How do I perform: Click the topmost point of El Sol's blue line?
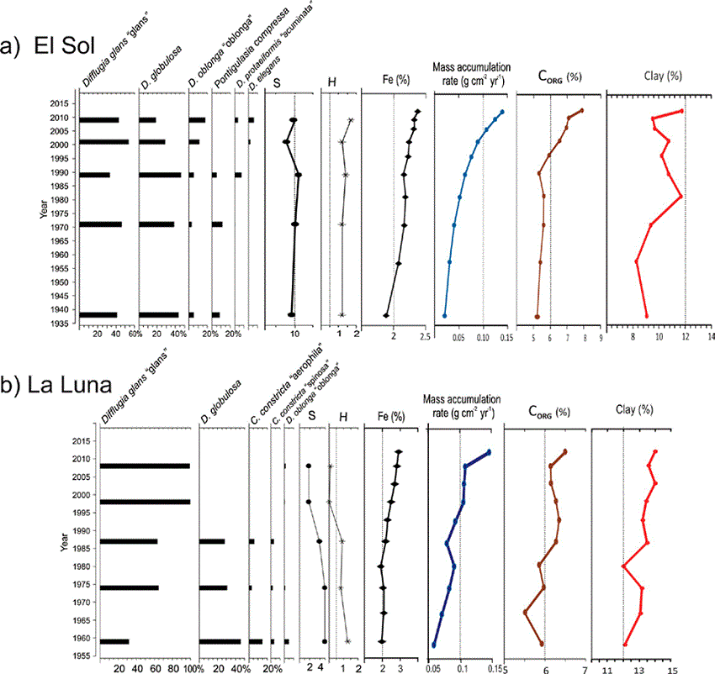(x=502, y=112)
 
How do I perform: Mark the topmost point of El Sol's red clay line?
(x=681, y=112)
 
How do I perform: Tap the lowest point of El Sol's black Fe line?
(x=386, y=316)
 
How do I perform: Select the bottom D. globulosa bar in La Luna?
(x=220, y=641)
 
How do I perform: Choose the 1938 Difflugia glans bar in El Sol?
(x=98, y=315)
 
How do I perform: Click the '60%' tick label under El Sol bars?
(x=134, y=334)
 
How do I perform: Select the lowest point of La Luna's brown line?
(x=525, y=612)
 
